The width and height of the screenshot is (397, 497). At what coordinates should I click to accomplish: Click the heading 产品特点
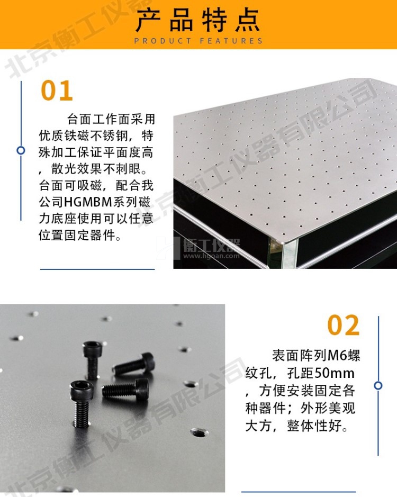(198, 20)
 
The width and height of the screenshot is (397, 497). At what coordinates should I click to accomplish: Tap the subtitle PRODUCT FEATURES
(198, 41)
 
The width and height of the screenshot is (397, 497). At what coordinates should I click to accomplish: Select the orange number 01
(57, 91)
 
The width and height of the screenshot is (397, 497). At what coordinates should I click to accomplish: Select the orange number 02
(344, 325)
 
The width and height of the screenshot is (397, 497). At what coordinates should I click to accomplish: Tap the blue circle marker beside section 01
(21, 150)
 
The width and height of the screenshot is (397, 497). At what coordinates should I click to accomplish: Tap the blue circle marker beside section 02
(378, 385)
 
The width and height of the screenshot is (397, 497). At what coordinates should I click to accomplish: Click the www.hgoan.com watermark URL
(212, 256)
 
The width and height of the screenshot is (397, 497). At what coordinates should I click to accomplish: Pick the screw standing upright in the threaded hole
(82, 404)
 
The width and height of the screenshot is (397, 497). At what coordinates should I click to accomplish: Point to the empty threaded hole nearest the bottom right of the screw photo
(200, 432)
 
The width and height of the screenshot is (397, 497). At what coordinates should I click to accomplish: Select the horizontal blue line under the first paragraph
(97, 269)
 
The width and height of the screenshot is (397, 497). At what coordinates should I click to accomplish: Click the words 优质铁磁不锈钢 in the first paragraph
(84, 135)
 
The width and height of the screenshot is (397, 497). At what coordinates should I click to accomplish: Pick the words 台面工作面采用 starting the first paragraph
(111, 119)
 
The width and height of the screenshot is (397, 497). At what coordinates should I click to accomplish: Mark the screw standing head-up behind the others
(93, 360)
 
